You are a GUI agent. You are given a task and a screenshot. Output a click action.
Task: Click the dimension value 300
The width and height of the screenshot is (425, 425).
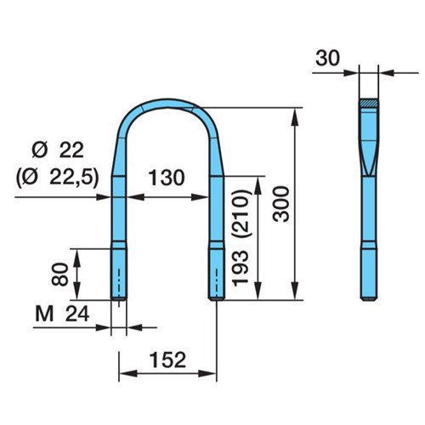coord(281,204)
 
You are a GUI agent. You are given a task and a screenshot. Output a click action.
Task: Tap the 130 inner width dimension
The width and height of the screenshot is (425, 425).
coord(167,178)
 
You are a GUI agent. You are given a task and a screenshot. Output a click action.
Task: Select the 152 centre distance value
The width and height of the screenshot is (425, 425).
coord(167,360)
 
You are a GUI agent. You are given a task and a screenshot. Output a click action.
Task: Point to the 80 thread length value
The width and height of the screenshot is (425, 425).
coord(60,274)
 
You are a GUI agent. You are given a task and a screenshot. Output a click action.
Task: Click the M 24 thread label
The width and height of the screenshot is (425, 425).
coord(62,314)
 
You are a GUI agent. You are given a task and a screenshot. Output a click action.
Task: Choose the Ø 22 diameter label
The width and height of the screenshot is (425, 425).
coord(58,150)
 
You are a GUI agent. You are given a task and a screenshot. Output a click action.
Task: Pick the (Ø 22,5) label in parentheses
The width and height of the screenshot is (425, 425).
coord(58,178)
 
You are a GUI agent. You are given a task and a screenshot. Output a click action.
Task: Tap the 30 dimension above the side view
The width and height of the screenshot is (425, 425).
coord(327,59)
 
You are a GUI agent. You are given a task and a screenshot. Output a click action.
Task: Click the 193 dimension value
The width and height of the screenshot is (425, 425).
coord(241,269)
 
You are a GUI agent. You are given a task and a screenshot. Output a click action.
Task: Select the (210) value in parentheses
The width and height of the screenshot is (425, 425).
coord(241,213)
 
